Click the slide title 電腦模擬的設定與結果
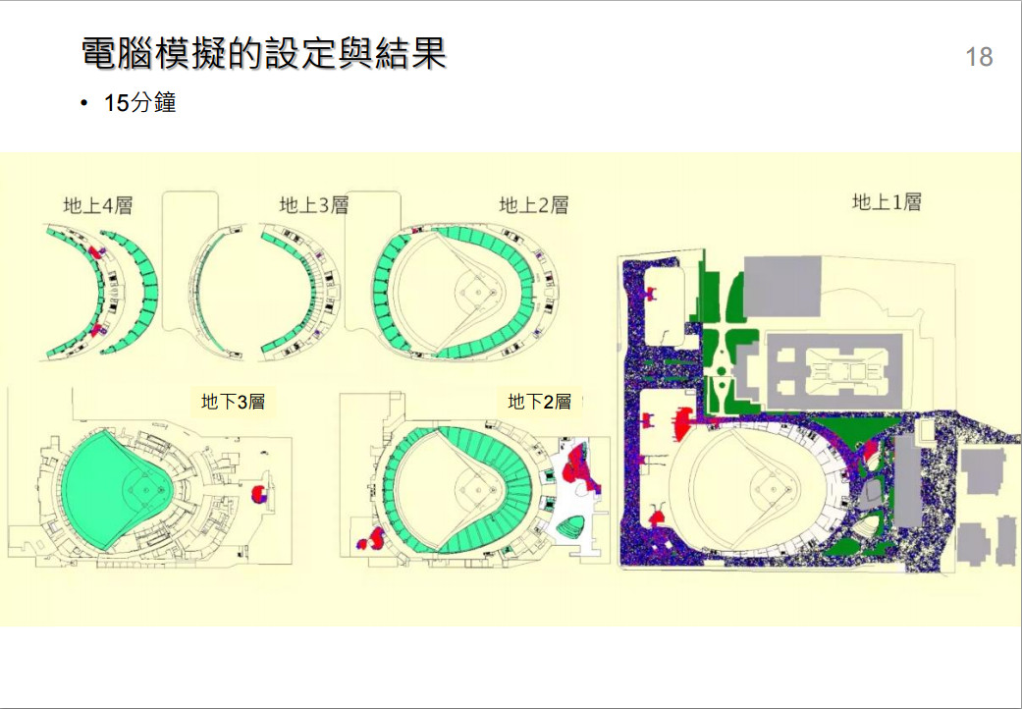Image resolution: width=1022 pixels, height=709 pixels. tap(263, 53)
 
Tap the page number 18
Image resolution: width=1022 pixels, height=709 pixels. tap(979, 57)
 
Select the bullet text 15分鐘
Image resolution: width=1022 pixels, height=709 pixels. tap(140, 103)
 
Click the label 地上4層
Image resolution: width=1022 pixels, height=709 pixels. tap(98, 205)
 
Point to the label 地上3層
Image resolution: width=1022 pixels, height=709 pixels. tap(314, 205)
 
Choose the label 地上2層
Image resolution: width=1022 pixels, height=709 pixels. tap(534, 205)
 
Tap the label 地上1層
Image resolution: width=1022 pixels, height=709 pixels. tap(887, 202)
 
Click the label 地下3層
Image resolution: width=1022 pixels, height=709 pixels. tap(233, 402)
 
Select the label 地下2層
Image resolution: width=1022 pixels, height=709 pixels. tap(539, 402)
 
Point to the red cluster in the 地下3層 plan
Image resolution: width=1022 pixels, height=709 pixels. tap(258, 493)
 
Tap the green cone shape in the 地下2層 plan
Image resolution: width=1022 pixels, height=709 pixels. tap(568, 526)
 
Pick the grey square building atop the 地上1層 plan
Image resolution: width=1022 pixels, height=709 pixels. tap(782, 288)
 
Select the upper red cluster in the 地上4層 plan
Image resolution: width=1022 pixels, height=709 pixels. tap(96, 252)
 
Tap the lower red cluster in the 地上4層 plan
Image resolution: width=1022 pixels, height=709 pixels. tap(96, 330)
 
